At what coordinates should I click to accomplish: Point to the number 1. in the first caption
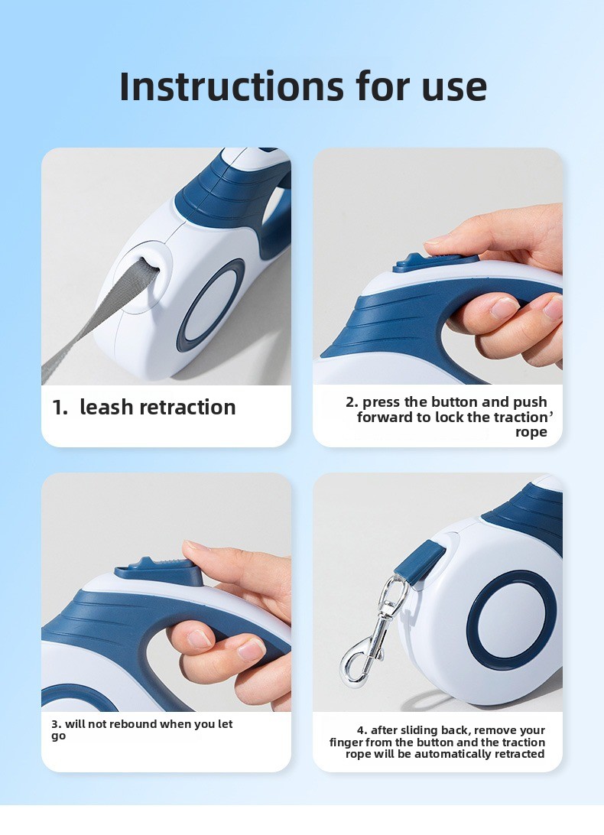pyautogui.click(x=60, y=407)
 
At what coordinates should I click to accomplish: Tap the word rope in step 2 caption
pyautogui.click(x=531, y=432)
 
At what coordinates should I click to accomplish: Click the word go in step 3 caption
pyautogui.click(x=58, y=736)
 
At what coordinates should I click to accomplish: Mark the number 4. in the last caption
pyautogui.click(x=362, y=730)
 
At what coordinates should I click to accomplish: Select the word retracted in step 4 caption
pyautogui.click(x=518, y=754)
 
